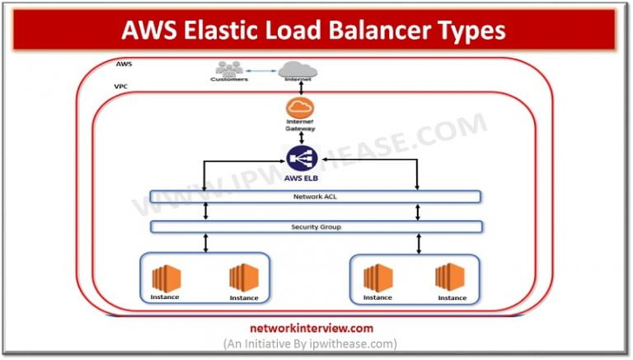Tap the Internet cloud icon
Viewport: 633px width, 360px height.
[x=299, y=70]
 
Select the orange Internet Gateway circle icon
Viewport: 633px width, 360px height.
[x=301, y=109]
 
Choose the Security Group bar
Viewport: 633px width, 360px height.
[x=316, y=227]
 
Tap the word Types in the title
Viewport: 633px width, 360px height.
[x=467, y=30]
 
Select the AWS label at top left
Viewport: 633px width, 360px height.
[x=124, y=63]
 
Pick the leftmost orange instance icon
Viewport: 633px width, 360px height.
[x=165, y=278]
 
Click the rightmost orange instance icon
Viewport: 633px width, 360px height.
[x=450, y=278]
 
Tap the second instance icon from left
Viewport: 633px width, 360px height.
[x=243, y=278]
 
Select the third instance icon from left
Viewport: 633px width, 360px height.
[x=377, y=278]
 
